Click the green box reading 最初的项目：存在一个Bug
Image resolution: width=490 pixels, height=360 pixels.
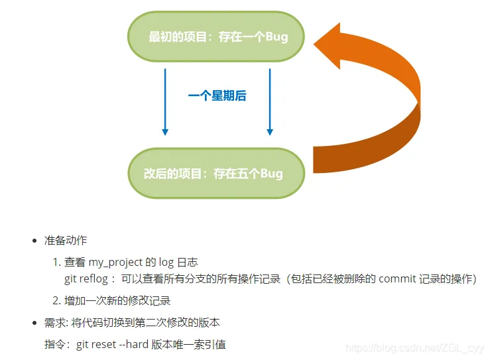[217, 36]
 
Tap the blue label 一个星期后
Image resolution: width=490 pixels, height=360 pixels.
[217, 95]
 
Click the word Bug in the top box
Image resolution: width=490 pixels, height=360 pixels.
[276, 36]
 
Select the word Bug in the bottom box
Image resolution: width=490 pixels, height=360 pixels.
[271, 174]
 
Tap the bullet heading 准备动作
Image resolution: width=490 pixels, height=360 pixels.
[66, 240]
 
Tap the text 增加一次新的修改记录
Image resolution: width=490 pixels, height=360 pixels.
[117, 300]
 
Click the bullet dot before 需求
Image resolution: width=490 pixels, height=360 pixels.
[34, 323]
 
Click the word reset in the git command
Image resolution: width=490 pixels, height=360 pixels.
[111, 345]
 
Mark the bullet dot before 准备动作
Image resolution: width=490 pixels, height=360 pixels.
[34, 240]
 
